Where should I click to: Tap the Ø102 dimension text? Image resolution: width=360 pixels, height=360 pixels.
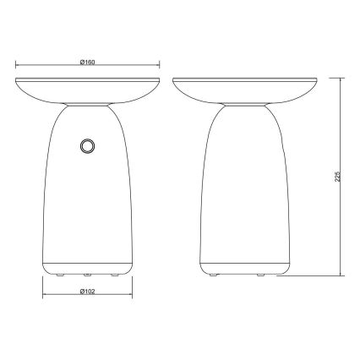pos(86,291)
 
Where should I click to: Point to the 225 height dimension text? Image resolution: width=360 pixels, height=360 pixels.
pos(337,177)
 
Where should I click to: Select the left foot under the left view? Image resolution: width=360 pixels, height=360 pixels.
pos(60,275)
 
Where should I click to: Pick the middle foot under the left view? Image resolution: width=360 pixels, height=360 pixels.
pos(87,275)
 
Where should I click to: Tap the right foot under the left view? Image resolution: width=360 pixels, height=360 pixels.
pos(113,275)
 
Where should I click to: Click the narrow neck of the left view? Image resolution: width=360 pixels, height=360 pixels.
pos(87,106)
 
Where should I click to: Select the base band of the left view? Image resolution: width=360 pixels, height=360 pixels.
pos(87,261)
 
